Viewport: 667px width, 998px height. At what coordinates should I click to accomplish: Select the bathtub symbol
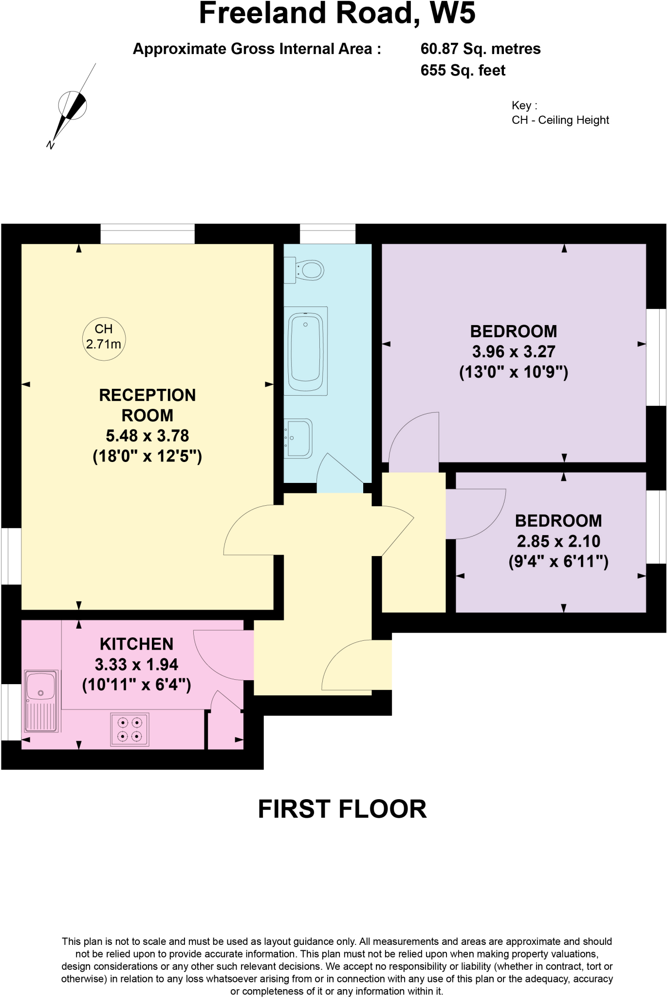[x=306, y=351]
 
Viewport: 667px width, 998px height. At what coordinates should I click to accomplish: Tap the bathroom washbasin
[x=298, y=438]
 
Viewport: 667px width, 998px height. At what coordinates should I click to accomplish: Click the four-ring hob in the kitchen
[x=130, y=729]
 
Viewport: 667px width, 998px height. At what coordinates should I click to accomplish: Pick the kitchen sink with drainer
[x=41, y=701]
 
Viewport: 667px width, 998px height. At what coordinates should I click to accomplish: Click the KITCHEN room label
[x=136, y=644]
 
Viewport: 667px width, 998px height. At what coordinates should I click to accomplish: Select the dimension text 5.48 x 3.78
[x=147, y=436]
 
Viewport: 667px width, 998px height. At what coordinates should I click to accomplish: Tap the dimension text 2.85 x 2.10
[x=558, y=541]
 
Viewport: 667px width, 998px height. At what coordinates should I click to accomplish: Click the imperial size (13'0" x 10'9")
[x=514, y=372]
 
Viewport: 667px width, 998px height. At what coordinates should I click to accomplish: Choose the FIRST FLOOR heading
[x=342, y=809]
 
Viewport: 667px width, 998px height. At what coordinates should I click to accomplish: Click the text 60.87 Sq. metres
[x=480, y=49]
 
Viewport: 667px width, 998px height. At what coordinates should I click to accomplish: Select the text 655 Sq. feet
[x=463, y=71]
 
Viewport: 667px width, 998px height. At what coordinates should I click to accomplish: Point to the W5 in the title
[x=452, y=14]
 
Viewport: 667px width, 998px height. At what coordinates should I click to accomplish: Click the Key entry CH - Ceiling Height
[x=560, y=120]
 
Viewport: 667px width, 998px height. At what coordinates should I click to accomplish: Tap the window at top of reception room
[x=148, y=234]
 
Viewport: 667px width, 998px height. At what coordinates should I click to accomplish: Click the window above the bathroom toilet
[x=327, y=234]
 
